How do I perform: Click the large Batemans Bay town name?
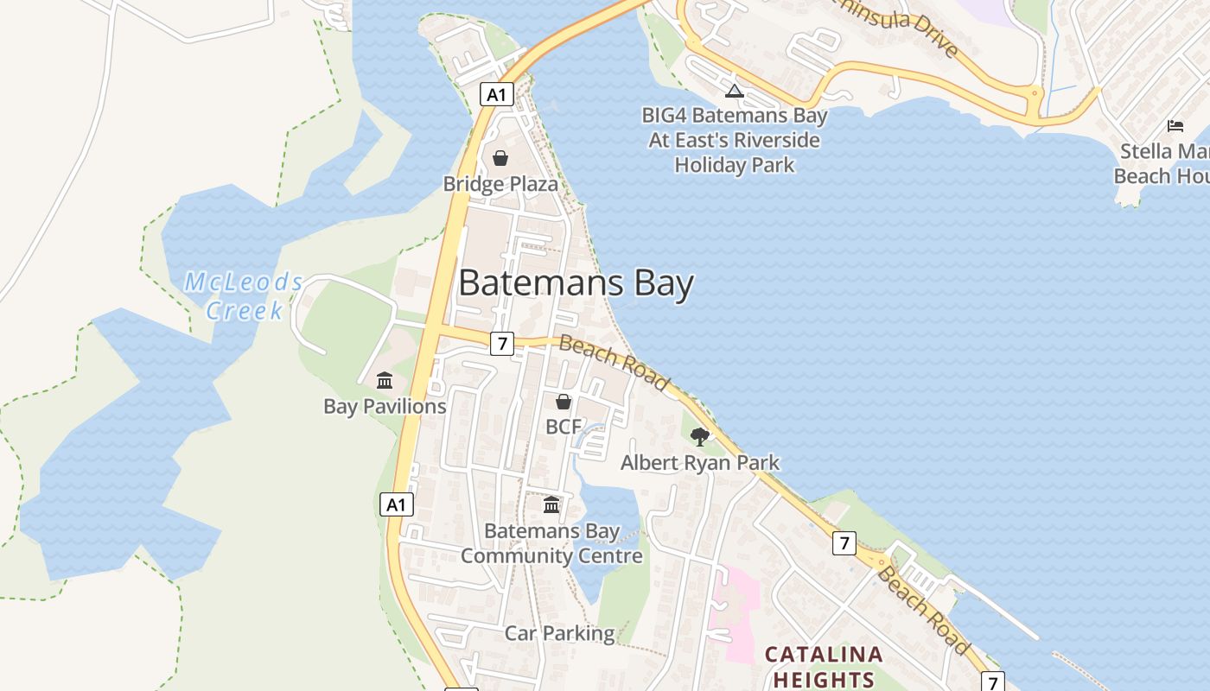576,283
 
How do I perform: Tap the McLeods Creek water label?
245,296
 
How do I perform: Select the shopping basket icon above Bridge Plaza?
500,158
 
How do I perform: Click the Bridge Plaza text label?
500,184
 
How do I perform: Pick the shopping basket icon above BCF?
564,402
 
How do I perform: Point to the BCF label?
564,427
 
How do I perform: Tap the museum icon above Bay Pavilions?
385,380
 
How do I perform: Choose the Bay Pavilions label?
385,406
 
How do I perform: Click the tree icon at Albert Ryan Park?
700,437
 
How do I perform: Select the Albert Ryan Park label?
700,463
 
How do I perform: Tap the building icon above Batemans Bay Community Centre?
551,504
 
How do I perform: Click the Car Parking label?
559,633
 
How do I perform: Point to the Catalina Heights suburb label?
824,667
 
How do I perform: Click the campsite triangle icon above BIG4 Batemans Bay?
734,91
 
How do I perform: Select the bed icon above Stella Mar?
1175,126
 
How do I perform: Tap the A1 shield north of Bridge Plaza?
496,94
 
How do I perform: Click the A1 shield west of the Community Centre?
396,504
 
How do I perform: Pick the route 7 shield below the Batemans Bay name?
502,343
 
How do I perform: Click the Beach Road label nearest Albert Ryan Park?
614,362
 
